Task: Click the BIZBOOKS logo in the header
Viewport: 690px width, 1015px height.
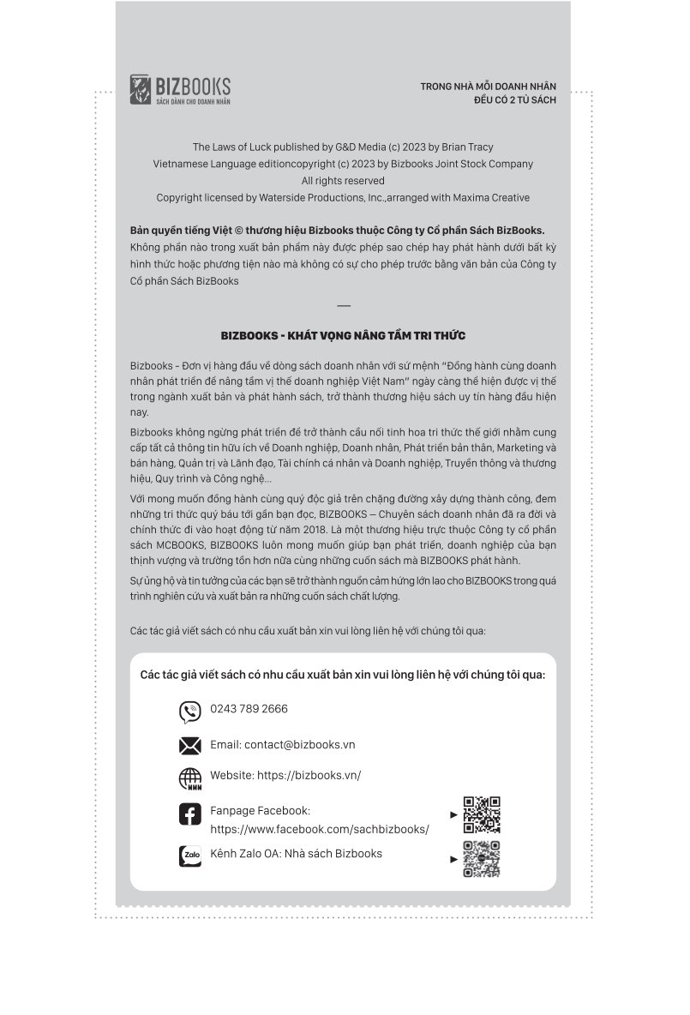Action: (x=180, y=89)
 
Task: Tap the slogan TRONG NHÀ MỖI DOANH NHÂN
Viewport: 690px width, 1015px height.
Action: (x=488, y=87)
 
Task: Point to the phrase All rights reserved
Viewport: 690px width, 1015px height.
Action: (x=343, y=181)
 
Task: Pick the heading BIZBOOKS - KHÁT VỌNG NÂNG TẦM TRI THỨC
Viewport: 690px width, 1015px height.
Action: (x=343, y=336)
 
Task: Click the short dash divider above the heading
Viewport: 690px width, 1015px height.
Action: (x=344, y=306)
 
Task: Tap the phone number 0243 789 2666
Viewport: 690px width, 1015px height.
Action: (x=249, y=709)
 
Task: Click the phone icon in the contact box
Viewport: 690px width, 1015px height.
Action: (x=189, y=712)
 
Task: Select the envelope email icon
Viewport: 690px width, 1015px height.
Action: (x=189, y=746)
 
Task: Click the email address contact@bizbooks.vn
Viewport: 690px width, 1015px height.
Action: (x=299, y=745)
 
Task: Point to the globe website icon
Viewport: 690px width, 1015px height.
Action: (x=189, y=778)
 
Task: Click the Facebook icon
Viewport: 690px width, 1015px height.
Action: (x=189, y=814)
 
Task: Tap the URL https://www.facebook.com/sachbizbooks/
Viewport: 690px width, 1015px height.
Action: (x=320, y=830)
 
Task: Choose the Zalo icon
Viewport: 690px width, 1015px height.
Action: (x=189, y=856)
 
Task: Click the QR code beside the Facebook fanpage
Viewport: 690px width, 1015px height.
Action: (x=481, y=815)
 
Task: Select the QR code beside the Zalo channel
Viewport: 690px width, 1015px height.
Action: (x=481, y=859)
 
